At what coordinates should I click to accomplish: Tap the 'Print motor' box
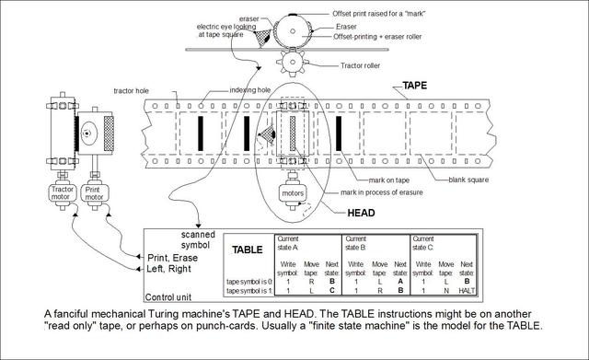pyautogui.click(x=92, y=193)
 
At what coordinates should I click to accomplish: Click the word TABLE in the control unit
pyautogui.click(x=246, y=249)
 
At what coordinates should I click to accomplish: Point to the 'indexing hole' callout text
pyautogui.click(x=248, y=90)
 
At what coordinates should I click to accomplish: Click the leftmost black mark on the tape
pyautogui.click(x=199, y=132)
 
